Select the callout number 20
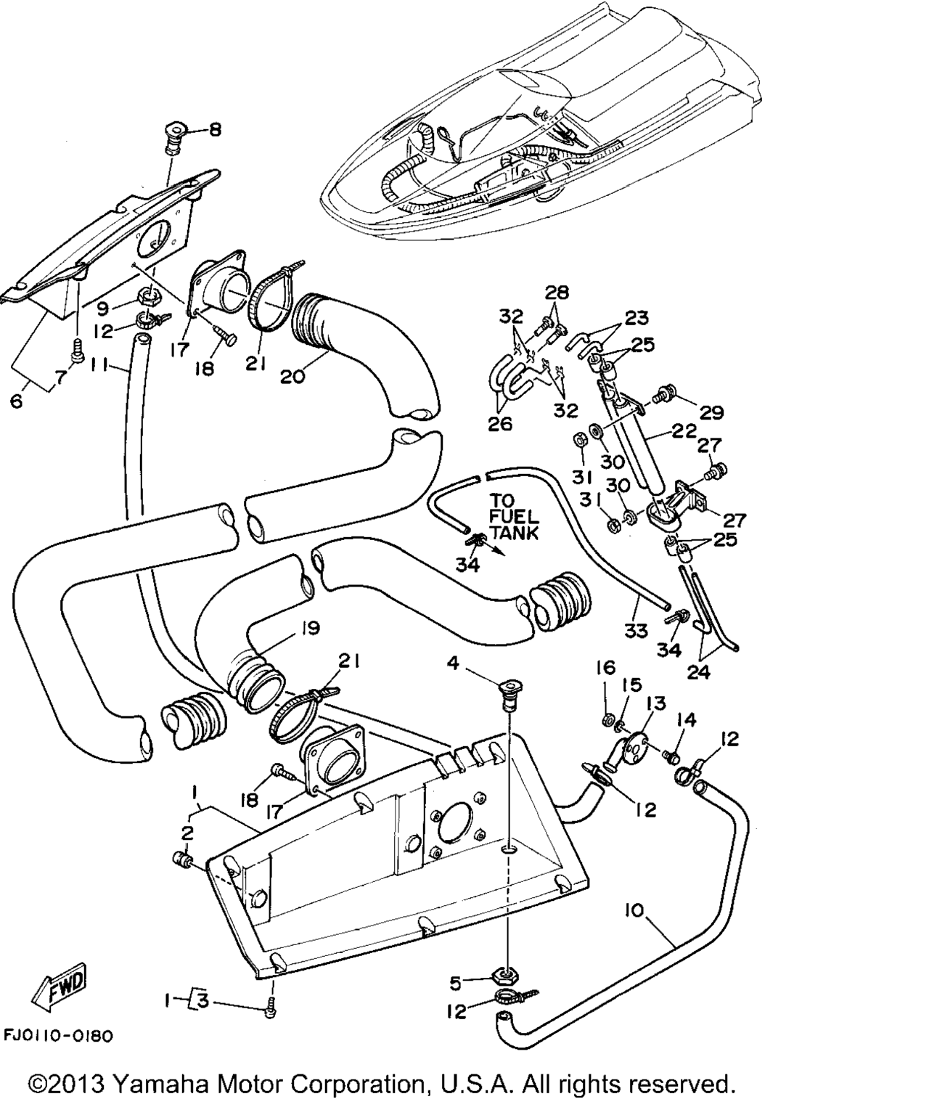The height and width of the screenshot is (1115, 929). coord(292,375)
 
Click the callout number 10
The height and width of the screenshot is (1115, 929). coord(635,910)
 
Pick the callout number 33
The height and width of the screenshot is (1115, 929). coord(636,631)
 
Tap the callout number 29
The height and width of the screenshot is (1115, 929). coord(712,412)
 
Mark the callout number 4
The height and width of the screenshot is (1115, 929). coord(453,663)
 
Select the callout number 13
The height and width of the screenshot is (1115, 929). coord(656,703)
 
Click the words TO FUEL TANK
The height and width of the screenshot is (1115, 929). coord(514,517)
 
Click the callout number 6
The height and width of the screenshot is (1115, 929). coord(16,400)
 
